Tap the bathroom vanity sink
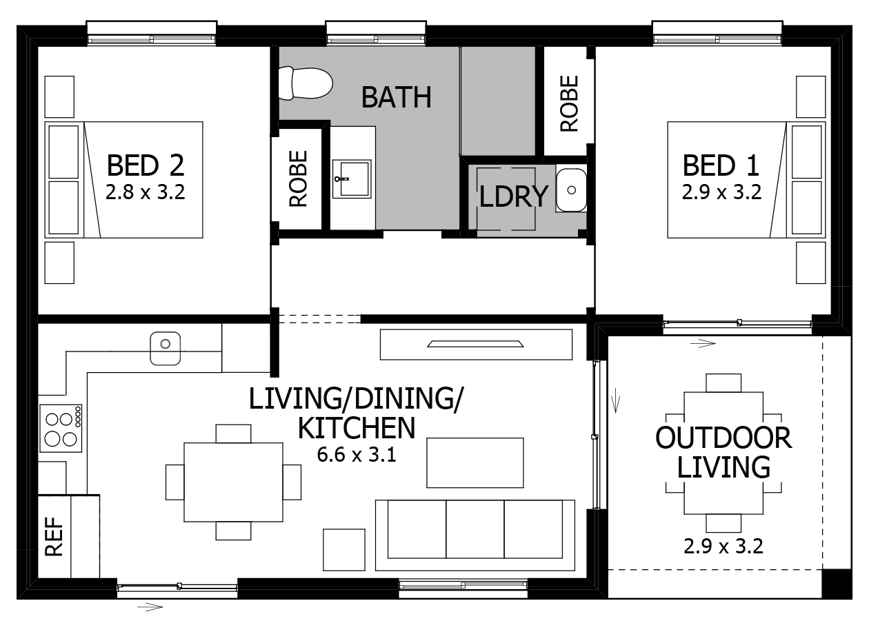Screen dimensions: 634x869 (351, 178)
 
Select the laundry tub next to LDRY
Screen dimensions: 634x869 (571, 190)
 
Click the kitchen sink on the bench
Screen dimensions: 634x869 (166, 348)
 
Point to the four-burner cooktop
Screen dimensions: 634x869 (61, 428)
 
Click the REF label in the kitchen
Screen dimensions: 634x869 (54, 537)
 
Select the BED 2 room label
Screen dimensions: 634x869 (146, 165)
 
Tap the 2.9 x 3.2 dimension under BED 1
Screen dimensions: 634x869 (721, 192)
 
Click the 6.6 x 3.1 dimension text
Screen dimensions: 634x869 (357, 455)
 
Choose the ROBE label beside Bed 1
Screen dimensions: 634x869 (569, 103)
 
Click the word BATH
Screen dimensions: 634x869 (396, 98)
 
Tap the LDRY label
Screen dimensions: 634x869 (513, 197)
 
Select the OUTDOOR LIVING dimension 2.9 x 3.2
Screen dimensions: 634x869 (723, 546)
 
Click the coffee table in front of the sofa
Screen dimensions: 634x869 (475, 462)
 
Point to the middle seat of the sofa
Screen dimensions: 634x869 (475, 529)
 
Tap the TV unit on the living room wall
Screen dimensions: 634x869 (476, 345)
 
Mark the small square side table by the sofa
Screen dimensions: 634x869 (344, 550)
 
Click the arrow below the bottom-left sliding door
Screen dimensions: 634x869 (150, 607)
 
